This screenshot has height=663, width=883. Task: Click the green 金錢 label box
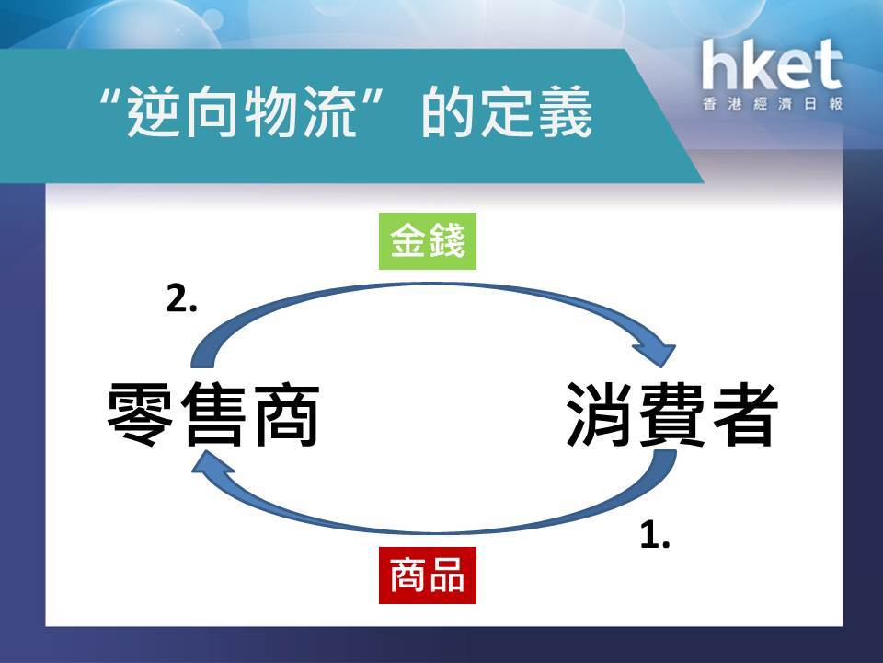tap(428, 241)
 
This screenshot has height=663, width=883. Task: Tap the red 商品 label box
tap(428, 575)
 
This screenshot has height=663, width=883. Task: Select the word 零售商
tap(212, 414)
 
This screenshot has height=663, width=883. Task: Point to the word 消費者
tap(671, 414)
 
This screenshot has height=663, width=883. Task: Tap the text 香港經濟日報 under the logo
tap(773, 104)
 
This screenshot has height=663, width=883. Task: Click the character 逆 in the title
tap(155, 111)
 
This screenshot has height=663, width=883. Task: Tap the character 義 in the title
tap(565, 111)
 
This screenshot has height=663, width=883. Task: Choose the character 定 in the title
tap(507, 111)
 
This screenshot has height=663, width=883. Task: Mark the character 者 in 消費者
tap(744, 414)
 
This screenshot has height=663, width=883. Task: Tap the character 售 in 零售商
tap(212, 414)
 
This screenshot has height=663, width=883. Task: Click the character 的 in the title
tap(449, 111)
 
